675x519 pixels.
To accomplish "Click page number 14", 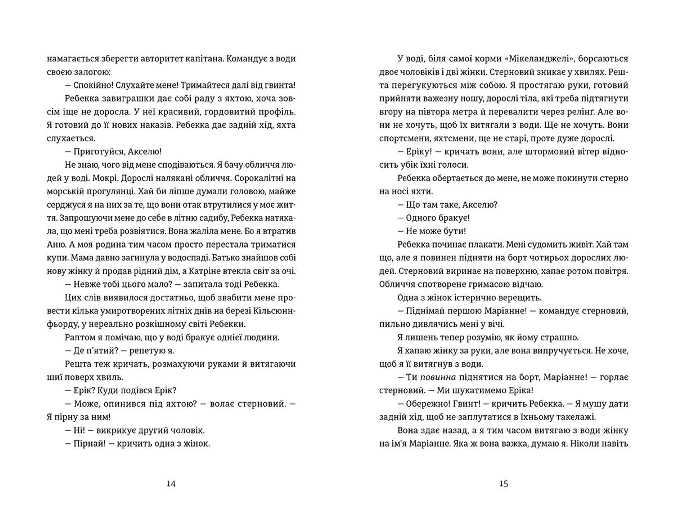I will click(171, 484).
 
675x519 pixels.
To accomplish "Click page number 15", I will click(503, 484).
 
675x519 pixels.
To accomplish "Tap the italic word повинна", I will click(438, 377).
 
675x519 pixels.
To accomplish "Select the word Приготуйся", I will click(94, 152).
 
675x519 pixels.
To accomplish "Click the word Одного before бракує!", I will click(421, 218).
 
